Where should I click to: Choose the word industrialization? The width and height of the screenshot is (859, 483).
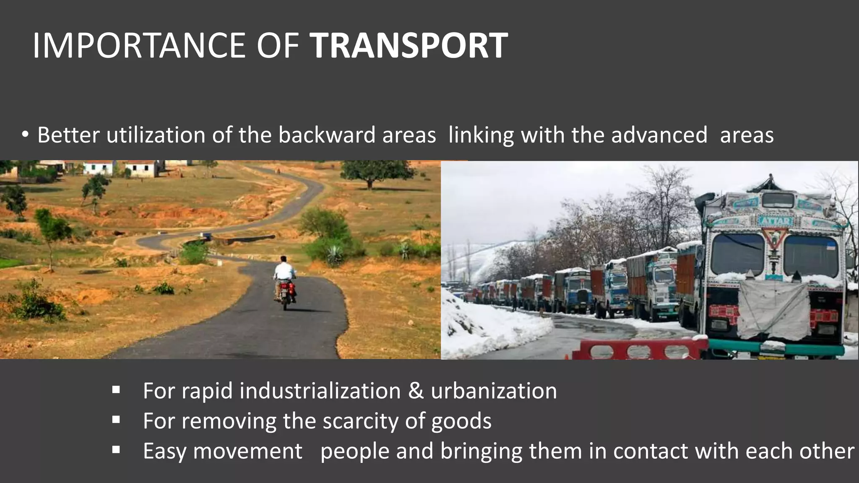pyautogui.click(x=320, y=391)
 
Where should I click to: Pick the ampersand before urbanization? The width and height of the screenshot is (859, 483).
pyautogui.click(x=416, y=391)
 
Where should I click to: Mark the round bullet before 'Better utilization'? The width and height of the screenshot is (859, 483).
pyautogui.click(x=26, y=135)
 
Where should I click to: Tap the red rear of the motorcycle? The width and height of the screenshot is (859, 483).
pyautogui.click(x=286, y=289)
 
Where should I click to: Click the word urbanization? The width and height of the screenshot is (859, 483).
pyautogui.click(x=494, y=391)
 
